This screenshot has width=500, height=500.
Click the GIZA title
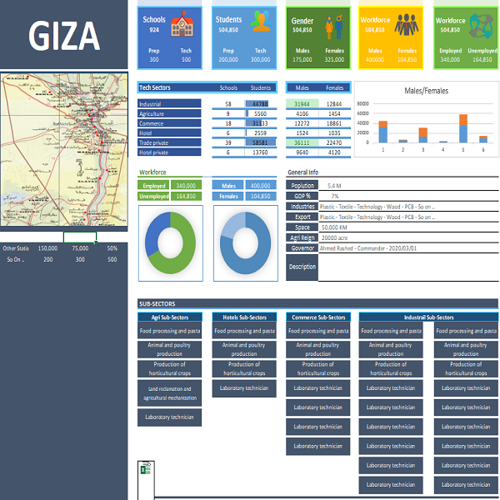coord(64,36)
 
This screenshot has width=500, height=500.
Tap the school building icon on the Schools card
coord(182,27)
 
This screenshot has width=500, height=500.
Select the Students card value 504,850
coord(228,29)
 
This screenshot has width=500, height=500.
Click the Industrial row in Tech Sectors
coord(169,103)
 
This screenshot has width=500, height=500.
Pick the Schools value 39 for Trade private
coord(228,142)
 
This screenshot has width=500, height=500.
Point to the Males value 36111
coord(302,142)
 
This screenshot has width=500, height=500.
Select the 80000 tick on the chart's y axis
coord(362,104)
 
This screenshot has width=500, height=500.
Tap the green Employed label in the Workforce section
coord(153,186)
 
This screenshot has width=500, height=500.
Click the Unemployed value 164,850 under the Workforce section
coord(186,197)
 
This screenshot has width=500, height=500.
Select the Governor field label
coord(302,247)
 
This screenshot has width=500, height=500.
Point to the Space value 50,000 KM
coord(335,227)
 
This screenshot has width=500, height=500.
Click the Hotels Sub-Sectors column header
coord(244,317)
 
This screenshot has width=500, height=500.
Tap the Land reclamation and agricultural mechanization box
coord(170,393)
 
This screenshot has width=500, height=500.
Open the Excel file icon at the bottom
coord(143,470)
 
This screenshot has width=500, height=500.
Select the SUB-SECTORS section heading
coord(155,304)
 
